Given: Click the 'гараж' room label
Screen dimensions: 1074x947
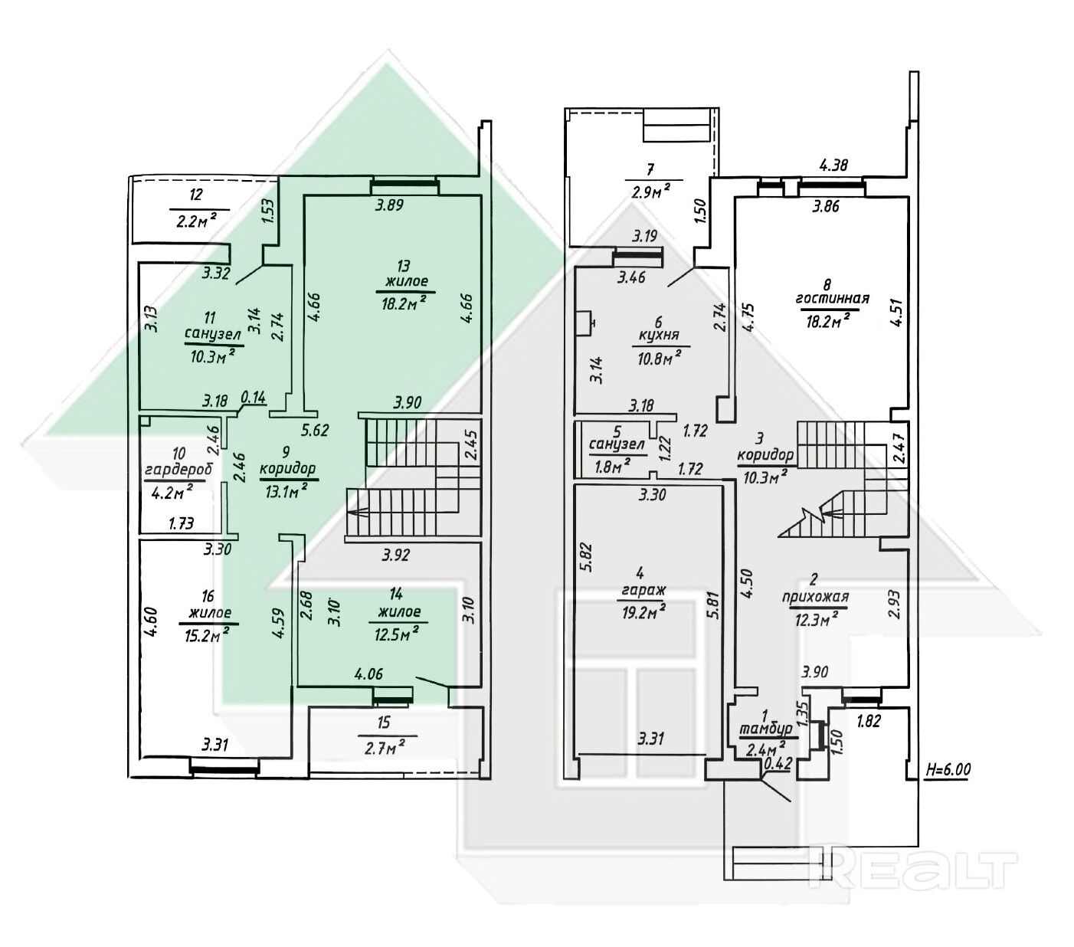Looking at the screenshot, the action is tap(641, 590).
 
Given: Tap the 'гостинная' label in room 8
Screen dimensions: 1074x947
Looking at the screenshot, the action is tap(833, 299).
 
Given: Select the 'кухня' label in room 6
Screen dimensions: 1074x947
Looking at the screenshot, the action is tap(659, 336).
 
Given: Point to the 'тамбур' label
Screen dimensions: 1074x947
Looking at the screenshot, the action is tap(766, 729).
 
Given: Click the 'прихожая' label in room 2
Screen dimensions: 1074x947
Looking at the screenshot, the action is tap(815, 597).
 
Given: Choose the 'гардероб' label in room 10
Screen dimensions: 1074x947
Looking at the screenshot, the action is tap(178, 469).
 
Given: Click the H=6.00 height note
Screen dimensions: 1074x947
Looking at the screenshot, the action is tap(948, 768).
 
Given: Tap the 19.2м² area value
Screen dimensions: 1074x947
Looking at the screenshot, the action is tap(644, 612).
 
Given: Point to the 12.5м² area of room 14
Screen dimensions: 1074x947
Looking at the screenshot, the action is tap(397, 633).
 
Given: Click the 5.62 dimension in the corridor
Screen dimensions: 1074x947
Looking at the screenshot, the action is tap(315, 430).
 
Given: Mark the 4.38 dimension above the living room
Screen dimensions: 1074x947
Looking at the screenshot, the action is tap(833, 165).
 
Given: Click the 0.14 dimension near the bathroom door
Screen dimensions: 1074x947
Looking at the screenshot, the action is tap(254, 397).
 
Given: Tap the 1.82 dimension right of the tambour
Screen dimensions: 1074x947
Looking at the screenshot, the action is tap(869, 721).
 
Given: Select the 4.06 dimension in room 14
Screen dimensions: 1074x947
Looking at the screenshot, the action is tap(368, 674).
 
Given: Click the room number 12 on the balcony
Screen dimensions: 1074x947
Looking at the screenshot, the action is tap(195, 195).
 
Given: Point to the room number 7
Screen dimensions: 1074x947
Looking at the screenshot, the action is tap(650, 169).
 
